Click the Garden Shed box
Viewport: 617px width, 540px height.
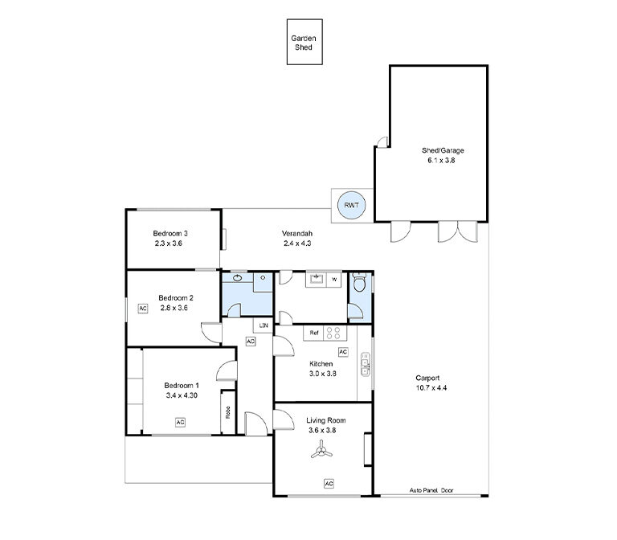[304, 42]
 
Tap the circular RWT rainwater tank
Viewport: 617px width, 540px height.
[351, 205]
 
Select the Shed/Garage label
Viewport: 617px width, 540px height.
[443, 150]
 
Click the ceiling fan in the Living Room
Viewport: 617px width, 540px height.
[321, 450]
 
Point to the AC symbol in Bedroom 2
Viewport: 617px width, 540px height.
[143, 309]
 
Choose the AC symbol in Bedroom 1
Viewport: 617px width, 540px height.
[180, 423]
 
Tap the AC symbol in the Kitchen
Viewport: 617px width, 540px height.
[343, 352]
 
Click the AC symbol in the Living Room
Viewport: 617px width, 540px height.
[329, 483]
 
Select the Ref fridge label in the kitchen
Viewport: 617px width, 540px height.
[313, 333]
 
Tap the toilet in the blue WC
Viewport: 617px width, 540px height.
[359, 282]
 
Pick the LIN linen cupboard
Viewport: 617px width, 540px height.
[264, 325]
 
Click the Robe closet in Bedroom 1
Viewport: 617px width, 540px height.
[228, 412]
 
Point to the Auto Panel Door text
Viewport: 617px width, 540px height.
[431, 490]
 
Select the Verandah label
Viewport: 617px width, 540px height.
[297, 233]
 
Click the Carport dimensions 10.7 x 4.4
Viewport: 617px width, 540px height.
[431, 387]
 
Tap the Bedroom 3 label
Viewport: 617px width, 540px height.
[170, 233]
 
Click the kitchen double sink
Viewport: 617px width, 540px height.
[366, 364]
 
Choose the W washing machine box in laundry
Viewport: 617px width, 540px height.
[334, 280]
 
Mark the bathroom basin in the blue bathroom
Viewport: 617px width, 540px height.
[237, 278]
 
